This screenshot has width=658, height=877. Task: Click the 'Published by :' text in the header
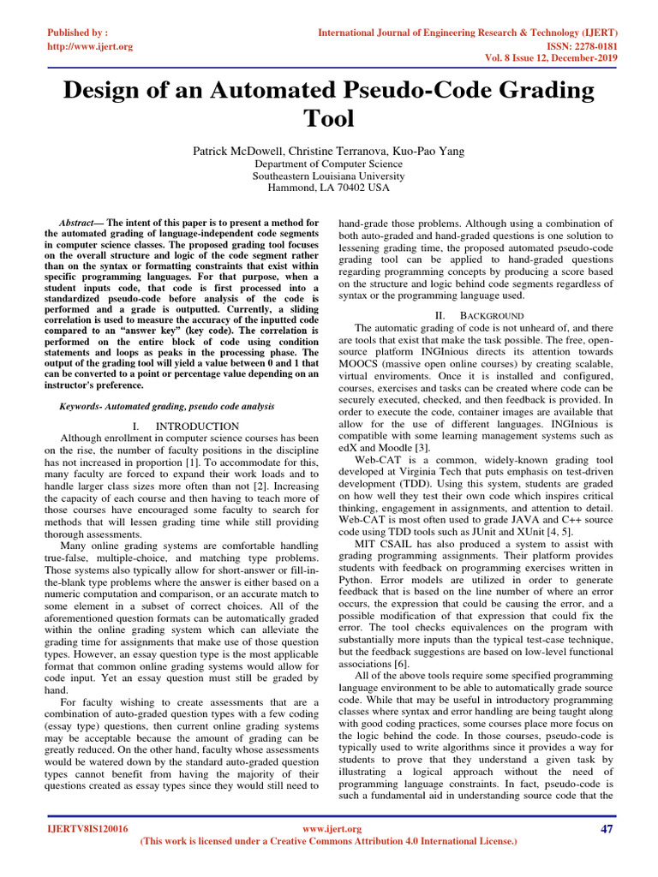[76, 31]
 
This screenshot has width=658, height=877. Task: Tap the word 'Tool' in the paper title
[328, 118]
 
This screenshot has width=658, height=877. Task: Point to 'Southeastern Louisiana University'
[328, 176]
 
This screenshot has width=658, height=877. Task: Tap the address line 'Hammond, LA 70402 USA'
[328, 188]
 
